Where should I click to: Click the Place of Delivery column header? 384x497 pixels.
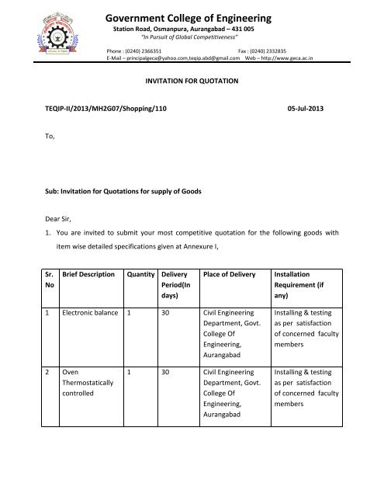point(232,274)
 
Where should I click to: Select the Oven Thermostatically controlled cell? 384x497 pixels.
point(88,383)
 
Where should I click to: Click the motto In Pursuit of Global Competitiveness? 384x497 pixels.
point(189,36)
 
